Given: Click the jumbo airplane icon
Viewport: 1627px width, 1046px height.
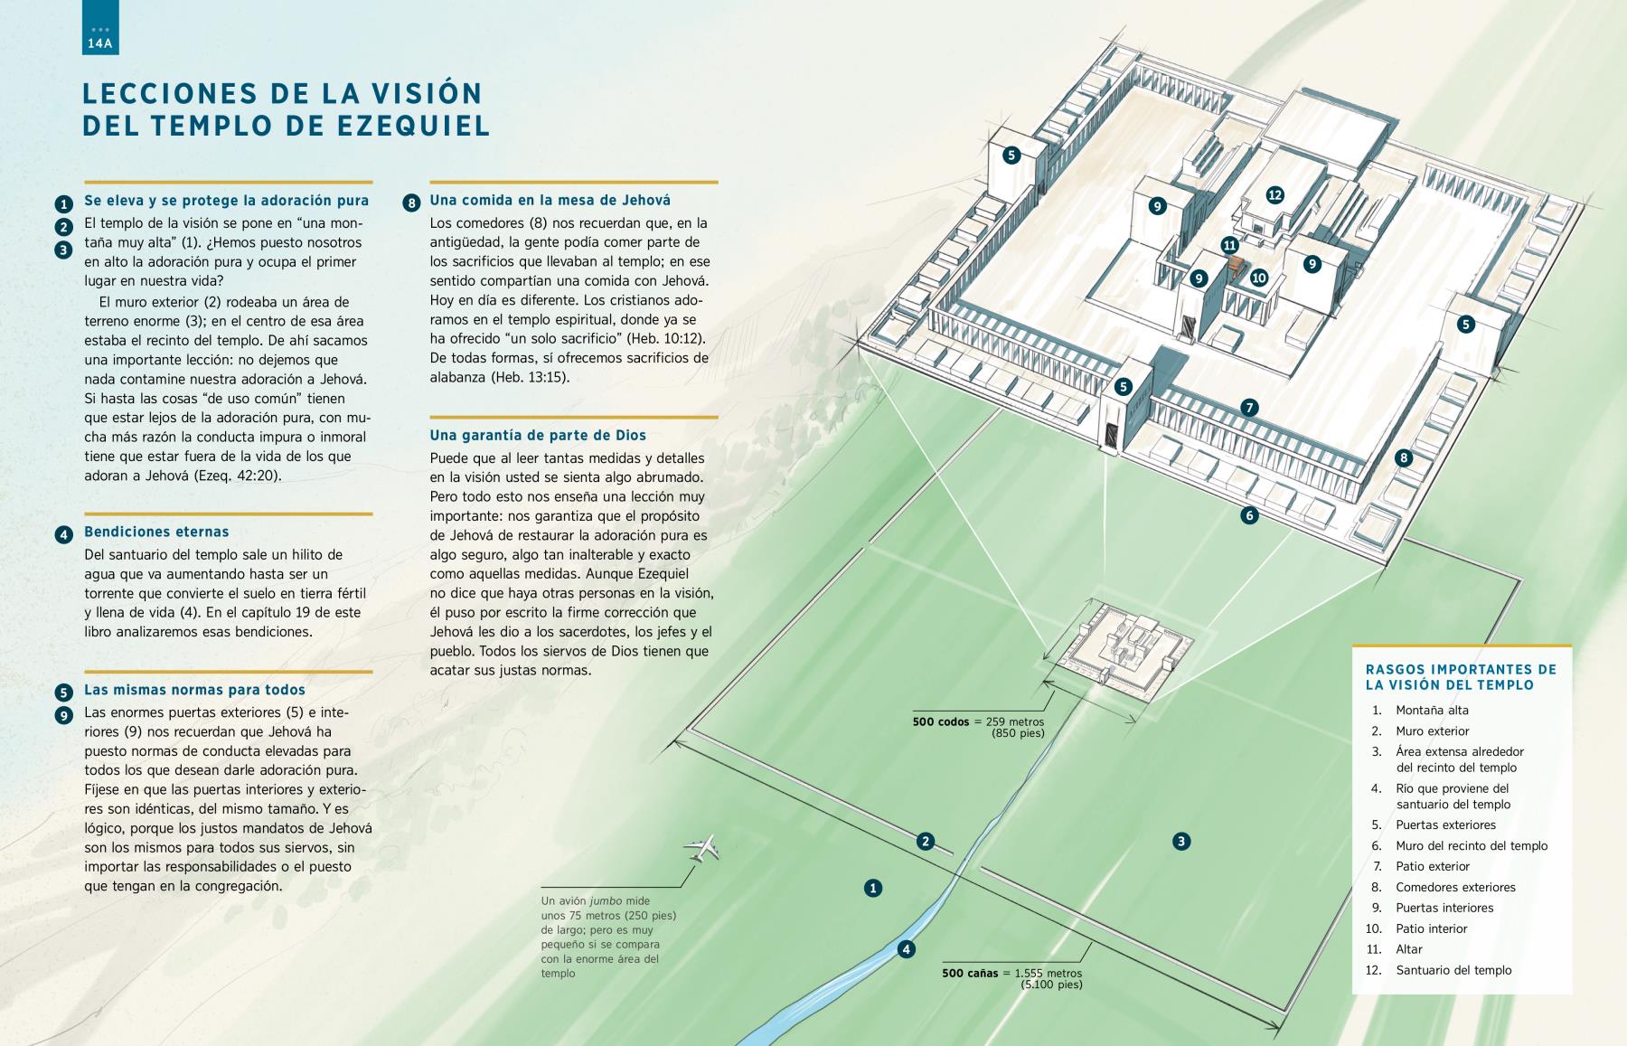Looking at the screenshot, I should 704,848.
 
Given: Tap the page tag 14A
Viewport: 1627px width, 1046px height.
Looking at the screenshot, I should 99,43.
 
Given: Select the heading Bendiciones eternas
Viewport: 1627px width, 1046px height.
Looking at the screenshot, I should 156,532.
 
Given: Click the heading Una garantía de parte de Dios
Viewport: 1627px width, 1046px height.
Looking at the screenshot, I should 538,435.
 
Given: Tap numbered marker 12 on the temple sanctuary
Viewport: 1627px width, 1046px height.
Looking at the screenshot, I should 1274,194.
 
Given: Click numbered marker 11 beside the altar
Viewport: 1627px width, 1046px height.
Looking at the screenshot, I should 1229,245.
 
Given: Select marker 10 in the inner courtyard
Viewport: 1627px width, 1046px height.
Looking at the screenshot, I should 1259,278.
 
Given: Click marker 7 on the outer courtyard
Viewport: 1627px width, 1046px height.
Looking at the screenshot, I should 1249,408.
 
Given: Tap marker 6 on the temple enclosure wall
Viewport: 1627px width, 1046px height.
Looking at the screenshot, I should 1249,515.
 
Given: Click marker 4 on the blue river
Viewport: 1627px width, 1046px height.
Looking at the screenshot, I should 906,949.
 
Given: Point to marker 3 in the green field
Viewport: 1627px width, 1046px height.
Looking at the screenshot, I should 1180,842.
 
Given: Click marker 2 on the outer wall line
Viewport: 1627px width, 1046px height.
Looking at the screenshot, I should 925,842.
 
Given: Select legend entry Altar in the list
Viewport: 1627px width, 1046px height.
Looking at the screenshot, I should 1408,949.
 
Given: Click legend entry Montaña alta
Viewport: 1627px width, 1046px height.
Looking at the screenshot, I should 1432,710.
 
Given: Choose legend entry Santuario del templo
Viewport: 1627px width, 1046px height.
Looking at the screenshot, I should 1453,970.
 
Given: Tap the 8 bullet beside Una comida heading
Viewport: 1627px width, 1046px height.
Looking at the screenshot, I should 411,203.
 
